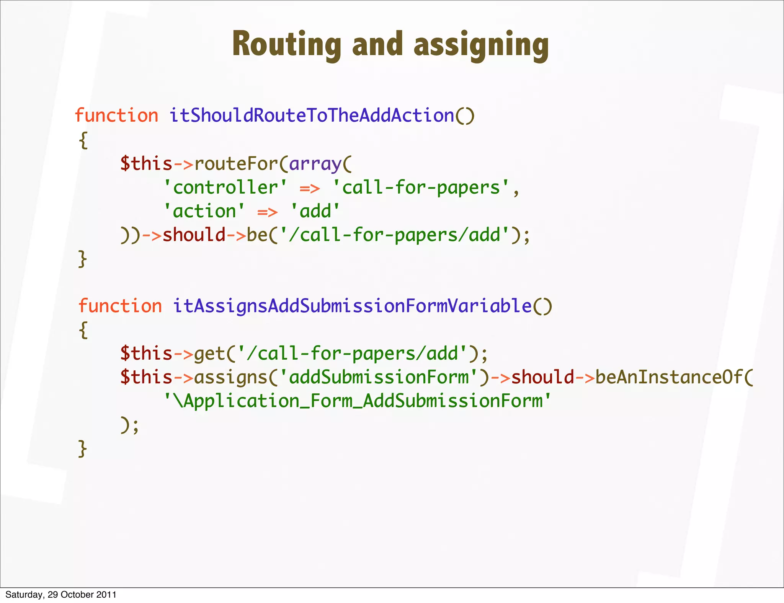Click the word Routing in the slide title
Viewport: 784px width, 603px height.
coord(286,44)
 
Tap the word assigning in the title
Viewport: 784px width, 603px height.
coord(481,45)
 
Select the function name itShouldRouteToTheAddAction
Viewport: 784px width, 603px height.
coord(312,115)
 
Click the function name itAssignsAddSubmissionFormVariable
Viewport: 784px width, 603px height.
coord(352,306)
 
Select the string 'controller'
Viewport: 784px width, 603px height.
coord(225,187)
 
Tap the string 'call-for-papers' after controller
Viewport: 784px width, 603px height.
coord(421,187)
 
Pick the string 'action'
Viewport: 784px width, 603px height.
coord(204,211)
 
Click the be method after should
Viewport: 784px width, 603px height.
coord(257,235)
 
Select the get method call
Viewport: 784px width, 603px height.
coord(209,353)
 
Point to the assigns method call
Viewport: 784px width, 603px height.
coord(230,377)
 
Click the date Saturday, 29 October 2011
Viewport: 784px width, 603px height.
coord(61,595)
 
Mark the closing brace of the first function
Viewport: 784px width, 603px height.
coord(83,259)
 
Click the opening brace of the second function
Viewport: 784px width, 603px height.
coord(83,329)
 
